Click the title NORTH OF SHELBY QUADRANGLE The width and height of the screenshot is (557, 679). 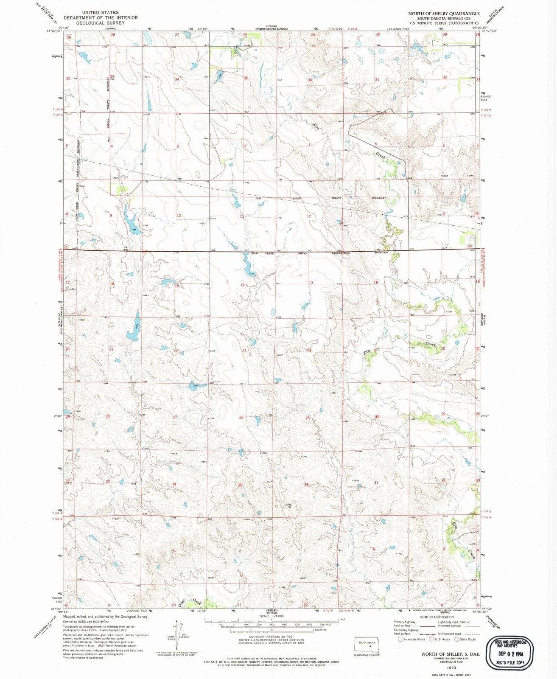tap(444, 14)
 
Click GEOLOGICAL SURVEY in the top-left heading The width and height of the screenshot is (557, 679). tap(101, 23)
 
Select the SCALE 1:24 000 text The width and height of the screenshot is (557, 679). tap(272, 616)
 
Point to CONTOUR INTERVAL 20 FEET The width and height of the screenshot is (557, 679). tap(272, 637)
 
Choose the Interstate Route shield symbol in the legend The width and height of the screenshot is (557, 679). tap(400, 639)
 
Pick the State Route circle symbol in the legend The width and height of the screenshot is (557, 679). tap(457, 639)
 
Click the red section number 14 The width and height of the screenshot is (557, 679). tap(243, 285)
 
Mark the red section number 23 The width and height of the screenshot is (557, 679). tap(244, 351)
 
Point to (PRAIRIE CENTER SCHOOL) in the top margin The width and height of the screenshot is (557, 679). tap(271, 29)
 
